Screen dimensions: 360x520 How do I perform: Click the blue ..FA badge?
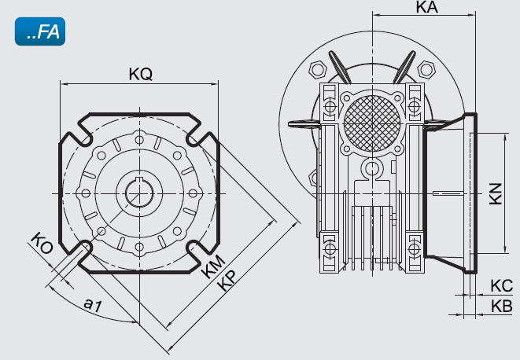click(39, 34)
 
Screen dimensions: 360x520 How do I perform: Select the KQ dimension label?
click(140, 75)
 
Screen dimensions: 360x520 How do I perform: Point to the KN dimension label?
click(494, 194)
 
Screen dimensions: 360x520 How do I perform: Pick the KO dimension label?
click(42, 243)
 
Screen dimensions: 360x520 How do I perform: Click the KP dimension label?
click(229, 282)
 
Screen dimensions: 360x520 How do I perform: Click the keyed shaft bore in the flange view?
click(138, 193)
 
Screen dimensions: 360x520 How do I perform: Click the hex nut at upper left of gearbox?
click(319, 69)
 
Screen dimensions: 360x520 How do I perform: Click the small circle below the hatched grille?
click(371, 168)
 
